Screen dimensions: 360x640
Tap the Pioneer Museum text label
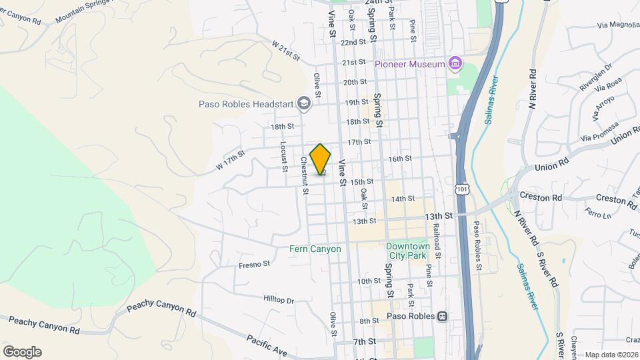point(409,64)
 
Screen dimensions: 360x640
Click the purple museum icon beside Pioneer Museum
point(455,64)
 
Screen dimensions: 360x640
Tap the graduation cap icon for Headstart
point(304,103)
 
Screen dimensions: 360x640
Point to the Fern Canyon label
point(315,249)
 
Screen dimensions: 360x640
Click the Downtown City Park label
point(409,251)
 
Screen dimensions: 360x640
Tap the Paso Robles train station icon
point(441,316)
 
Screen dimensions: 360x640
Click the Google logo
point(22,352)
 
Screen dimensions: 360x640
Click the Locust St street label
point(283,155)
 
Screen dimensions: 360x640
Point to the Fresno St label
point(254,265)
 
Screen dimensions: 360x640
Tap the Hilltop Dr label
point(279,301)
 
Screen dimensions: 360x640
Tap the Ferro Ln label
point(598,215)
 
